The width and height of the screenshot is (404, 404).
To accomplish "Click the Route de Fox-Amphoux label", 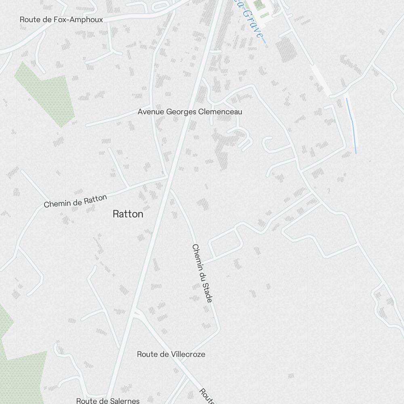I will coord(61,19).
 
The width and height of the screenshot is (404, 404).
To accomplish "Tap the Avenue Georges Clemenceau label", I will coord(190,112).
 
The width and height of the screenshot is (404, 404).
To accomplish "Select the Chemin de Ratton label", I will coord(76,201).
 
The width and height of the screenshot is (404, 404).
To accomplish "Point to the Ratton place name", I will coord(128,214).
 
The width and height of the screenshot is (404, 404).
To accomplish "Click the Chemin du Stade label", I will coord(202,273).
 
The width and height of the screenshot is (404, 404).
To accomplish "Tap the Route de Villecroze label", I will coord(171,354).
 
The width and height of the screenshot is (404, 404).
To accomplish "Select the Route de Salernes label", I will coord(108,401).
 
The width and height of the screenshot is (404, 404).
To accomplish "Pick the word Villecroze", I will coord(187,354).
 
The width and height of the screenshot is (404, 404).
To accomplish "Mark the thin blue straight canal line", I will coord(351,125).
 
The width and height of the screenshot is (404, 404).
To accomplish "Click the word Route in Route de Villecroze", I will coord(147,354).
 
